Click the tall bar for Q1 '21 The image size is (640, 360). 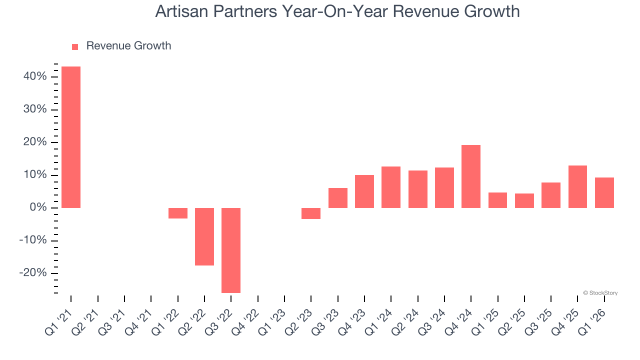point(71,137)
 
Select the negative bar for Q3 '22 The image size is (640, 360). point(231,250)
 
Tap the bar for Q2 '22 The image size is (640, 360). point(204,236)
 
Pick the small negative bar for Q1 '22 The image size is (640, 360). point(178,213)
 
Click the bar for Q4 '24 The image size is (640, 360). point(471,176)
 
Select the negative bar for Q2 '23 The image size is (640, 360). point(311,213)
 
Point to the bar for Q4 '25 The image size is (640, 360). point(577,186)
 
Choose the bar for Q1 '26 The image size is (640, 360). point(604,192)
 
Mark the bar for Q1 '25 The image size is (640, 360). point(497,200)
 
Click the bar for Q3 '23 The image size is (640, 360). point(338,198)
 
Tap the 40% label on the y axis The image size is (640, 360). point(35,76)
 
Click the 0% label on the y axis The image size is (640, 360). point(38,207)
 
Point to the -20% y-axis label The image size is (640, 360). point(33,273)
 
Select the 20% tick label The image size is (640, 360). point(35,142)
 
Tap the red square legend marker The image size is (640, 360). point(75,46)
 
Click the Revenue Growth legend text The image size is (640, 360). point(128,46)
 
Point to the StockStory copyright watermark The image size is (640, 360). point(600,293)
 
